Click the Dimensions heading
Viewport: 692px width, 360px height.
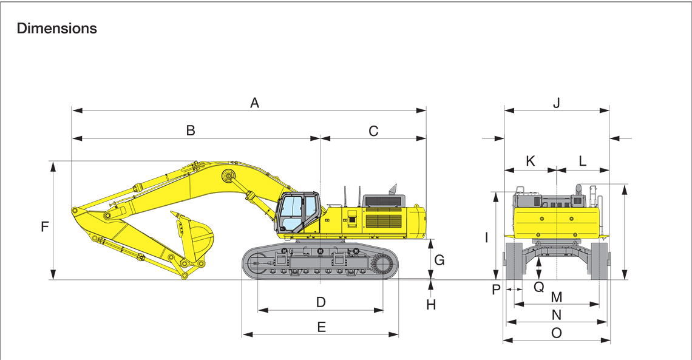[x=57, y=29]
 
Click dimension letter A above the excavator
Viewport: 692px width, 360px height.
[x=255, y=103]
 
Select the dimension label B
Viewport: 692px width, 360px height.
[x=191, y=131]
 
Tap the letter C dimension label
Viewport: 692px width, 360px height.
[x=373, y=131]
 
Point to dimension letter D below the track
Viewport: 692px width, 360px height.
[x=321, y=302]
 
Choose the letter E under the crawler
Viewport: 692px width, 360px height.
[x=321, y=327]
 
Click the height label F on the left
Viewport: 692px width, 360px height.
[x=44, y=227]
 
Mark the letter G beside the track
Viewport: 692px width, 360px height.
[x=439, y=260]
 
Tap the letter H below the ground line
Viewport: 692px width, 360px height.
[x=431, y=305]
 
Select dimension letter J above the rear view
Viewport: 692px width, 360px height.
[x=557, y=103]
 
